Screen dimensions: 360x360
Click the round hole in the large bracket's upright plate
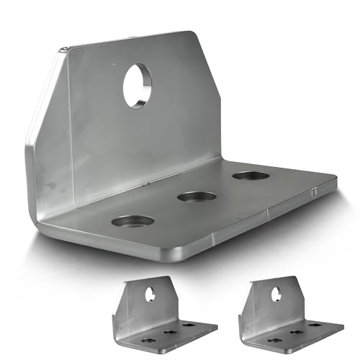pos(137,85)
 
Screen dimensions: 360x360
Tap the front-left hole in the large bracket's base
pos(133,221)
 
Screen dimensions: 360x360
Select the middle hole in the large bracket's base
pos(197,196)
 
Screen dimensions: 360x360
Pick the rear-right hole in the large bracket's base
pos(251,176)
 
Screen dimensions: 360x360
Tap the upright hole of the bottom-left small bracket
pos(150,294)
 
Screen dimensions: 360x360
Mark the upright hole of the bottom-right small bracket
pos(276,294)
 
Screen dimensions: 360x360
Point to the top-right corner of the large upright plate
pos(193,32)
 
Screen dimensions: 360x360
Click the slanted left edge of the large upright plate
pos(43,94)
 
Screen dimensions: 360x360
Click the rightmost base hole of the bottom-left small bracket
pos(187,325)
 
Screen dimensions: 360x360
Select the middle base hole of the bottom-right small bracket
pos(294,332)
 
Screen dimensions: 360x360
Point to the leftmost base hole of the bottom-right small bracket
pos(274,339)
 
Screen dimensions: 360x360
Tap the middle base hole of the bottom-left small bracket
pos(168,332)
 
